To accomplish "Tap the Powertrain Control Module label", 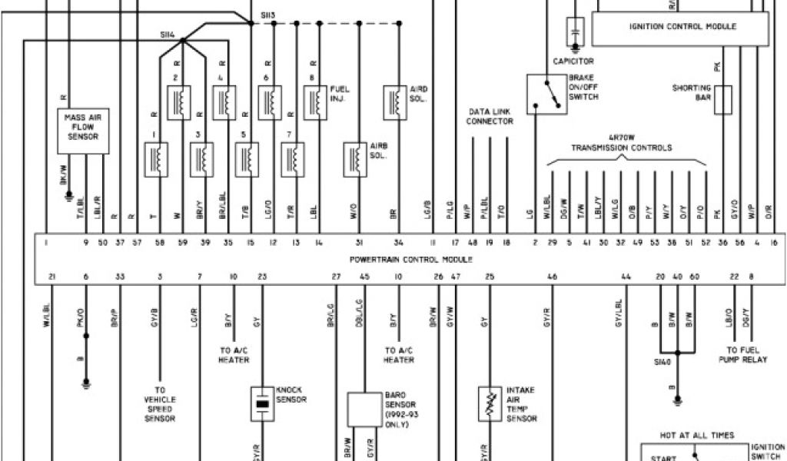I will pyautogui.click(x=411, y=260).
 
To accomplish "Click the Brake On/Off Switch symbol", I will pyautogui.click(x=546, y=94).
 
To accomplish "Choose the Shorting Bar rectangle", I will pyautogui.click(x=722, y=100).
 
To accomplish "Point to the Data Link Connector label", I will pyautogui.click(x=490, y=117).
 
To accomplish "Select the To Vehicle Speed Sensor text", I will pyautogui.click(x=160, y=404).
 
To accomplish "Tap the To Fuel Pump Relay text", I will pyautogui.click(x=743, y=354).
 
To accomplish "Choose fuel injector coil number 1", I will pyautogui.click(x=157, y=159).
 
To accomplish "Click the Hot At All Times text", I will pyautogui.click(x=696, y=436).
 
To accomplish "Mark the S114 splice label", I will pyautogui.click(x=168, y=35).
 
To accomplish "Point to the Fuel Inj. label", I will pyautogui.click(x=339, y=94).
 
